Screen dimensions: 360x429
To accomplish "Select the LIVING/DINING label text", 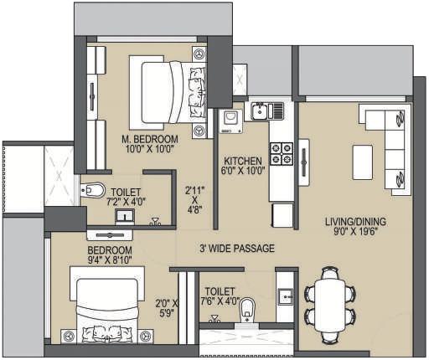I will [356, 222].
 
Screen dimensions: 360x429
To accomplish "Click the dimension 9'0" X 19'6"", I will [356, 234].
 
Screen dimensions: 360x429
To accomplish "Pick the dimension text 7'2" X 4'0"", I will [124, 201].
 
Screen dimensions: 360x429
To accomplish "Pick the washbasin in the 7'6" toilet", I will [285, 296].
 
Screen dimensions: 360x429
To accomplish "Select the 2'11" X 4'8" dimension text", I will [194, 200].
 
